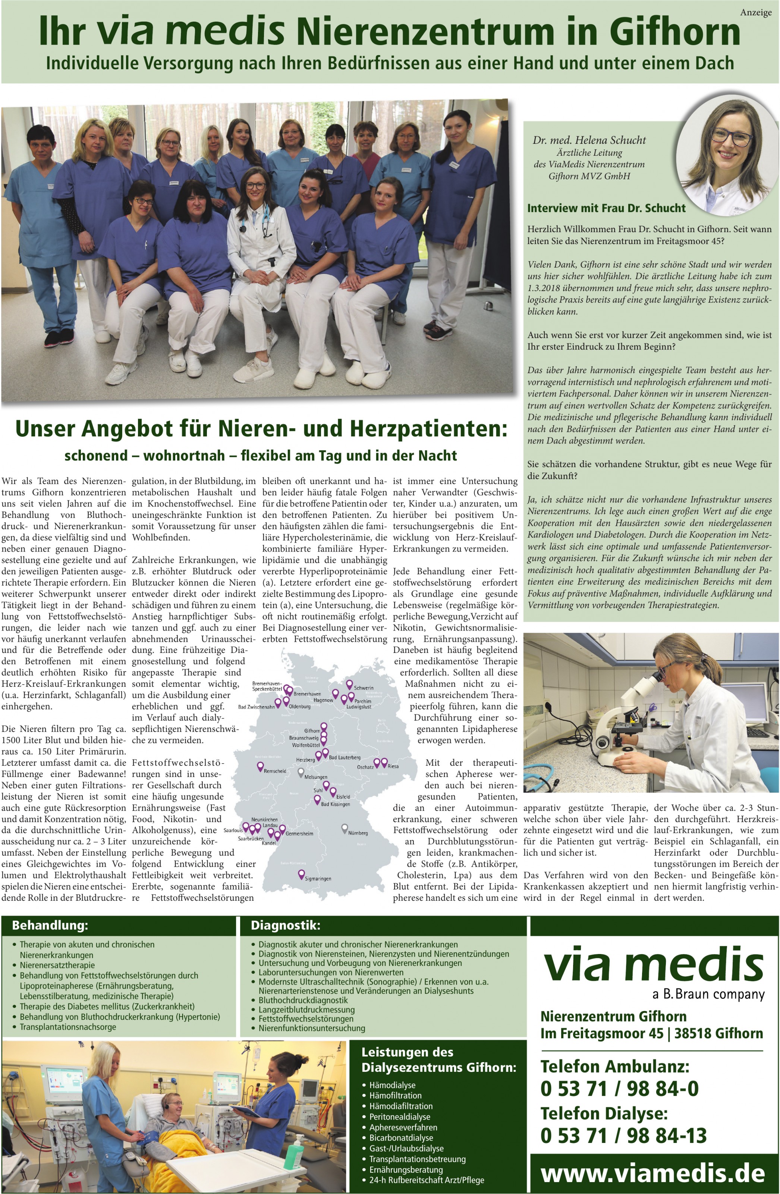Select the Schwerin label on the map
(364, 688)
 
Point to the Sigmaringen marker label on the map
(318, 878)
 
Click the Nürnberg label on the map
(358, 833)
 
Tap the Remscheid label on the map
(274, 771)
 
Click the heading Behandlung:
(50, 925)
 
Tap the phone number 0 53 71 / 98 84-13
(623, 1135)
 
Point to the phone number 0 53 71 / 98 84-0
(619, 1088)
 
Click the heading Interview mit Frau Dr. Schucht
(606, 208)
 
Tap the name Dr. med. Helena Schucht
(589, 140)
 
